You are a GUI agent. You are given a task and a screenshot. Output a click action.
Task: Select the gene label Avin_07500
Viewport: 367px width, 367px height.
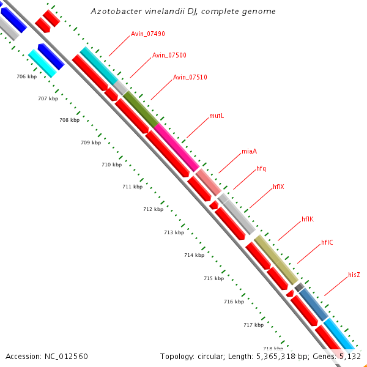[169, 56]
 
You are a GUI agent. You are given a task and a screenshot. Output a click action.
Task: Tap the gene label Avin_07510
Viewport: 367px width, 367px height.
[190, 78]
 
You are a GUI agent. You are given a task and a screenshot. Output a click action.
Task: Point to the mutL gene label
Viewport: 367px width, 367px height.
[217, 116]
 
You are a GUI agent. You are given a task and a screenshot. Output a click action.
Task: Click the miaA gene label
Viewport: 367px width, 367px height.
[249, 151]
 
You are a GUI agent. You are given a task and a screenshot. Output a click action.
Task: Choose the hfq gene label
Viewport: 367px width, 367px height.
[261, 168]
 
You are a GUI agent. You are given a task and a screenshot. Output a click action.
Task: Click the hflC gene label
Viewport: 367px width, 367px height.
[327, 242]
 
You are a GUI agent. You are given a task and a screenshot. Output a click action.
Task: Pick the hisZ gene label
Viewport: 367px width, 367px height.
[354, 275]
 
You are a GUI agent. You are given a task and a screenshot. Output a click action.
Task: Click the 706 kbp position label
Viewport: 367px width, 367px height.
[26, 76]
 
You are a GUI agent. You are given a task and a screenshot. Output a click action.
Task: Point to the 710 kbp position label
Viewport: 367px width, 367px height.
[111, 165]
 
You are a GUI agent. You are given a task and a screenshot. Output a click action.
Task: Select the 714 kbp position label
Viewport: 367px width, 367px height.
[194, 255]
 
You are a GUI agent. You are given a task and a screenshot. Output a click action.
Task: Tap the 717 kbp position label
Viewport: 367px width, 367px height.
[253, 325]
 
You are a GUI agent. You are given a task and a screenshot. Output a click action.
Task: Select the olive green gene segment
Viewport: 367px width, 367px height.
[140, 110]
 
